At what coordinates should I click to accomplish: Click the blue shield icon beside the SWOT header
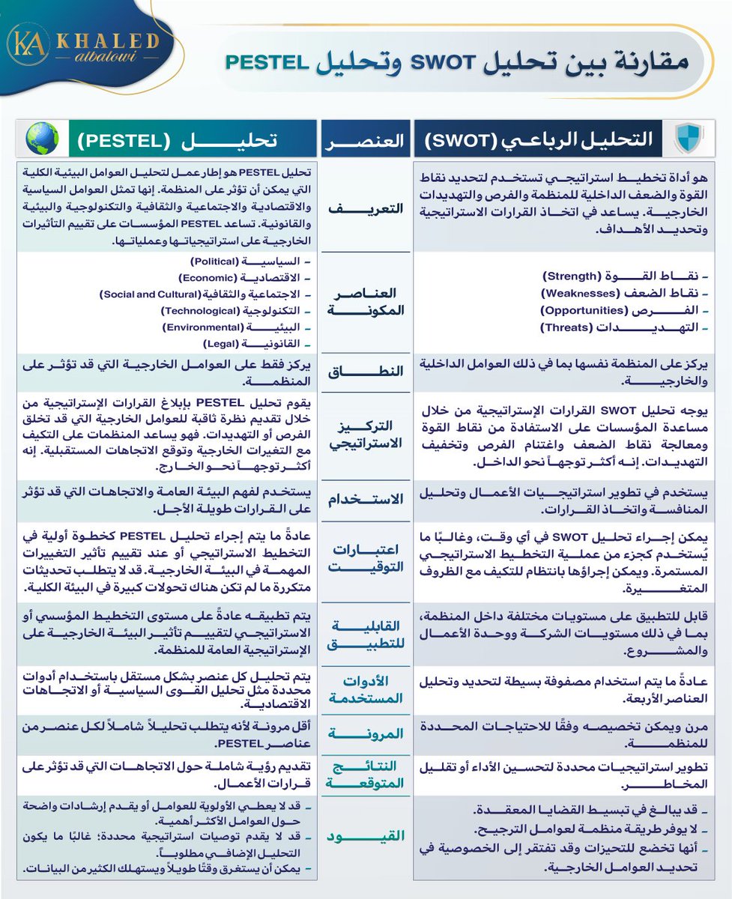pyautogui.click(x=686, y=139)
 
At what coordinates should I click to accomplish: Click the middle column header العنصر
pyautogui.click(x=365, y=139)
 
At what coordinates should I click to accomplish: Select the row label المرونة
pyautogui.click(x=365, y=733)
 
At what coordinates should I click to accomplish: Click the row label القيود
pyautogui.click(x=365, y=835)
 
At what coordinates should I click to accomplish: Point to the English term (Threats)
pyautogui.click(x=567, y=327)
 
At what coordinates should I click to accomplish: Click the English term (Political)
pyautogui.click(x=214, y=263)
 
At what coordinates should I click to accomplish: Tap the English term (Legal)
pyautogui.click(x=221, y=344)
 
